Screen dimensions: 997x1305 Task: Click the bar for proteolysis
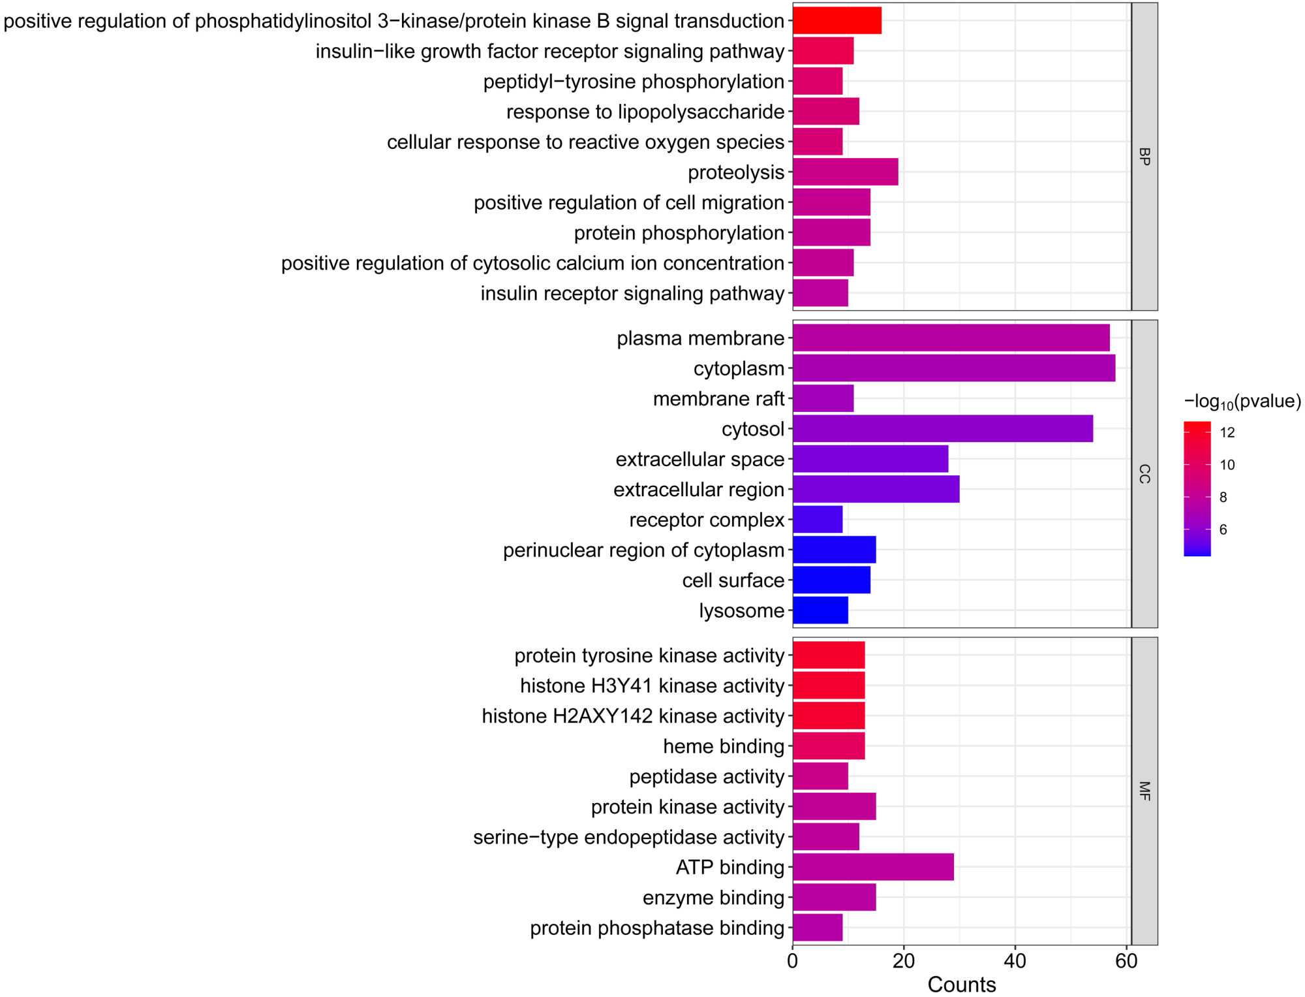tap(845, 172)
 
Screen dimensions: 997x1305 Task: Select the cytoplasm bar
tap(953, 368)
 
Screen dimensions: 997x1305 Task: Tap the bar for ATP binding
tap(872, 867)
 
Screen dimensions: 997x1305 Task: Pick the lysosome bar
tap(820, 610)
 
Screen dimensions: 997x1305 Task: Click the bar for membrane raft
tap(823, 398)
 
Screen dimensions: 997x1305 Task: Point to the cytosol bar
tap(942, 429)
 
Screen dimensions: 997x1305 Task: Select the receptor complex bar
tap(818, 520)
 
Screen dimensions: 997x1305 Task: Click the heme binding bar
tap(829, 746)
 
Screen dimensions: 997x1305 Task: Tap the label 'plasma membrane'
tap(700, 338)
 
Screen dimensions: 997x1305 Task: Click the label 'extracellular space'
tap(699, 459)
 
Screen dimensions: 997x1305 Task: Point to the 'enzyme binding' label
tap(713, 898)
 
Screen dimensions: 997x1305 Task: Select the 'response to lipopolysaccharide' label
tap(645, 112)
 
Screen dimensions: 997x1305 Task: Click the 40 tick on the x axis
tap(1015, 961)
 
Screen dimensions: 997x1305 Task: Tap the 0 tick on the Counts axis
tap(793, 961)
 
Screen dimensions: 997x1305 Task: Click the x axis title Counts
tap(961, 985)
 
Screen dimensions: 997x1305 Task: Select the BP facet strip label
tap(1144, 156)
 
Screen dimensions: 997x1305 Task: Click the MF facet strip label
tap(1144, 791)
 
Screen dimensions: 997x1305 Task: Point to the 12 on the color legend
tap(1227, 432)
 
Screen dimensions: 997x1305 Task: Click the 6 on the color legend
tap(1223, 530)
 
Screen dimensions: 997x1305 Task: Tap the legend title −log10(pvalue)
tap(1242, 402)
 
